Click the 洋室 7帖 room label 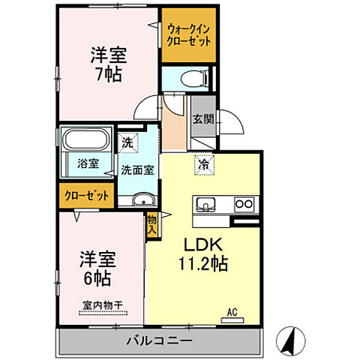[108, 65]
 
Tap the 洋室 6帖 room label [97, 268]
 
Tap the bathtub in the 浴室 [85, 140]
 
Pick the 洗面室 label [138, 169]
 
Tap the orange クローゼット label [85, 196]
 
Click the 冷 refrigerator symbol [202, 163]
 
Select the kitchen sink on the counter [205, 203]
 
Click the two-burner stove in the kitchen [244, 203]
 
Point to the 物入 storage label [151, 224]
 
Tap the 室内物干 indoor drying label [102, 305]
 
